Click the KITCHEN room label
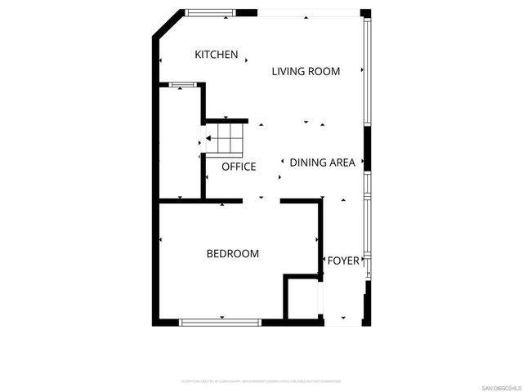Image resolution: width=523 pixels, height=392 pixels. coord(217,55)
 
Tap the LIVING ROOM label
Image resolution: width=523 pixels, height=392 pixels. coord(306,71)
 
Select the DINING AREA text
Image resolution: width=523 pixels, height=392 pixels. coord(323,163)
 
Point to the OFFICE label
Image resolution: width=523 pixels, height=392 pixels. coord(239,167)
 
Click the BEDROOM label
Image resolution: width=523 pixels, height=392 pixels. coord(232,254)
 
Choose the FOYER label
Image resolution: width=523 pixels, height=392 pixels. coord(343,261)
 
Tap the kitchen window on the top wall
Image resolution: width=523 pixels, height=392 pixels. coord(209,12)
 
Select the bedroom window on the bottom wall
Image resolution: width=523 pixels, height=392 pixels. coord(220,322)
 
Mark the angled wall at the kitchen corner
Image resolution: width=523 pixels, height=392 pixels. coord(166,24)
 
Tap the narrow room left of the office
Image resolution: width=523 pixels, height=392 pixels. coord(180,143)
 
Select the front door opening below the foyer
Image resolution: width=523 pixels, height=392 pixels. coord(343,322)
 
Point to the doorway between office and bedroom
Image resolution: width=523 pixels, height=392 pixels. coord(261,200)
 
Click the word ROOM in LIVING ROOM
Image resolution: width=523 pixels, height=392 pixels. coord(324,71)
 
